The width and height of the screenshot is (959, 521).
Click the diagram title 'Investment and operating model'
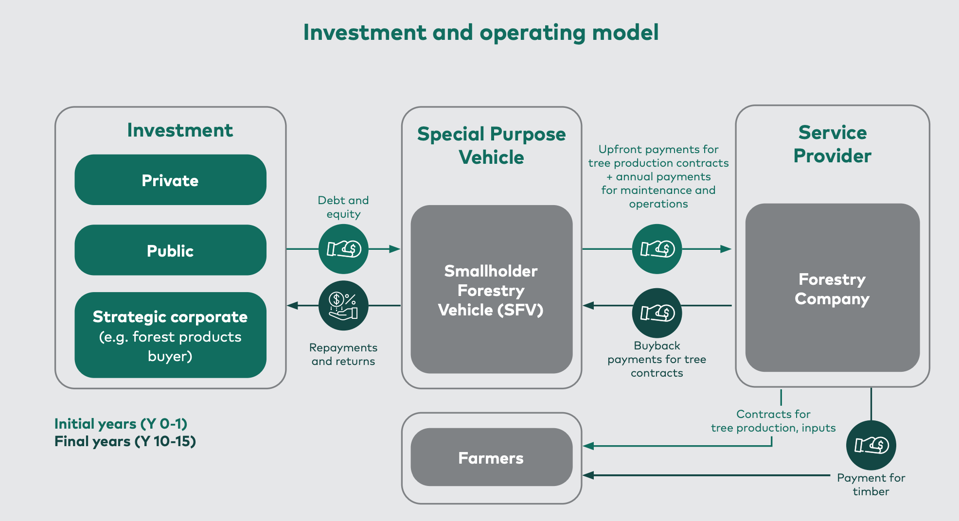tap(480, 33)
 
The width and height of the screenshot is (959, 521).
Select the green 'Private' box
tap(170, 180)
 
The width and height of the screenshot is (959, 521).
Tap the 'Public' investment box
tap(170, 250)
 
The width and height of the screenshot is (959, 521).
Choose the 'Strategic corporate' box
tap(170, 335)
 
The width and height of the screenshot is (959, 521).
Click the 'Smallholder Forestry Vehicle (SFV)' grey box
tap(491, 289)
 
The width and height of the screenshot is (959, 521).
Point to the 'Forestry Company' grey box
tap(832, 288)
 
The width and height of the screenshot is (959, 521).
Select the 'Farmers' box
tap(491, 457)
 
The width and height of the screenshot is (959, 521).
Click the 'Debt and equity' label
tap(343, 207)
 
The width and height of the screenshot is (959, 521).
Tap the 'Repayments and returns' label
tap(343, 354)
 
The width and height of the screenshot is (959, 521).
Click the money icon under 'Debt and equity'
tap(343, 249)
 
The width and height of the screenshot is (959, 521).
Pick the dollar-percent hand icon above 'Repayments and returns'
tap(343, 306)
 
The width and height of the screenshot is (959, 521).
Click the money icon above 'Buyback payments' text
tap(657, 313)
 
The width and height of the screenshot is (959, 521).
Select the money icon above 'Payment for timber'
tap(871, 445)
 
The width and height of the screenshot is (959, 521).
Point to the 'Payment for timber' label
tap(871, 485)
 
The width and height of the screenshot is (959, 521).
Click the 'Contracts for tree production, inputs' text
tap(773, 421)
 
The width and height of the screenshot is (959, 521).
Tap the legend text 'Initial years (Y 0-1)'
tap(121, 424)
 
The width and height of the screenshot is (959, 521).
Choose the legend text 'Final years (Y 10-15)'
tap(125, 441)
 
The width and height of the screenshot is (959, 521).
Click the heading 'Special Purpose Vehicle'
tap(491, 145)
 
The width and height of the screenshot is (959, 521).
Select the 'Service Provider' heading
tap(832, 144)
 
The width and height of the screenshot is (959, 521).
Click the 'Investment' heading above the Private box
tap(180, 130)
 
